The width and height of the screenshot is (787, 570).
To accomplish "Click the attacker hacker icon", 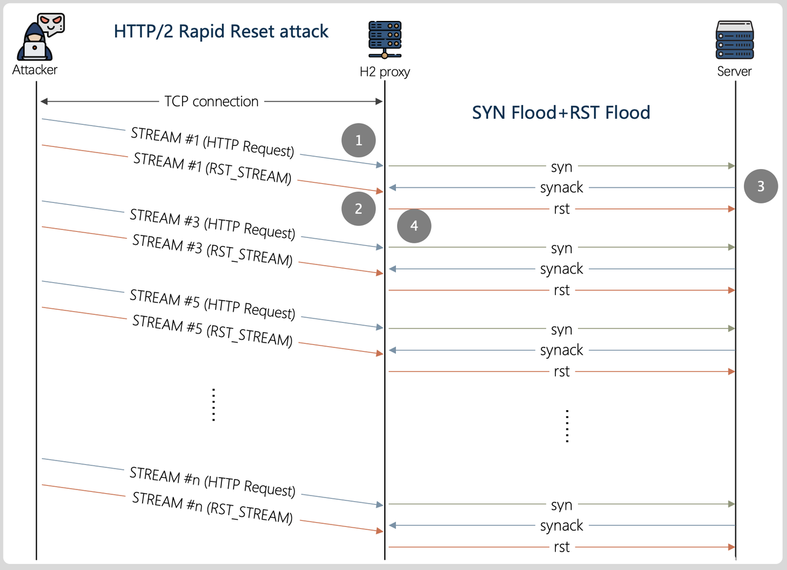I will pyautogui.click(x=38, y=37).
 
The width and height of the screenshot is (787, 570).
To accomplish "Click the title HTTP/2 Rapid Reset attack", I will pyautogui.click(x=221, y=31).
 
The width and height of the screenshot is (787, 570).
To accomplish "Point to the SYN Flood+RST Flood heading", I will pyautogui.click(x=561, y=113).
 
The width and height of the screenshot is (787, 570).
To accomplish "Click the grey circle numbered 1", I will pyautogui.click(x=359, y=141).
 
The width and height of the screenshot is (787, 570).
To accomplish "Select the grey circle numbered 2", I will pyautogui.click(x=358, y=208).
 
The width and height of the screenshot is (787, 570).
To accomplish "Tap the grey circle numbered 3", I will pyautogui.click(x=761, y=186).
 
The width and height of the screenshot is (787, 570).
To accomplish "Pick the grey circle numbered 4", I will pyautogui.click(x=414, y=226).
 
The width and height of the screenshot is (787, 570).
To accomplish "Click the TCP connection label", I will pyautogui.click(x=212, y=101).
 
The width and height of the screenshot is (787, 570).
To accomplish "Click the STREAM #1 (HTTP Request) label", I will pyautogui.click(x=212, y=142).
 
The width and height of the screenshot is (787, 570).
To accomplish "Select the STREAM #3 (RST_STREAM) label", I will pyautogui.click(x=212, y=250).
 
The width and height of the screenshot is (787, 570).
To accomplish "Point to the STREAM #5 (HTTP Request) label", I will pyautogui.click(x=212, y=304).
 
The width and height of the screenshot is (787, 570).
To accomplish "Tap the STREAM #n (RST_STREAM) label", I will pyautogui.click(x=212, y=508).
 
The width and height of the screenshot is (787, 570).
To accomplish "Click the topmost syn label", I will pyautogui.click(x=561, y=167).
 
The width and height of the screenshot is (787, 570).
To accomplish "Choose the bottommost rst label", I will pyautogui.click(x=561, y=547).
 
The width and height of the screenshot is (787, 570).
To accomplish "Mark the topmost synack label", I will pyautogui.click(x=561, y=188).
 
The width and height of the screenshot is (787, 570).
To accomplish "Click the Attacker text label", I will pyautogui.click(x=35, y=69).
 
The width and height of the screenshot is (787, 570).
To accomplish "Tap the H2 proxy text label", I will pyautogui.click(x=385, y=72).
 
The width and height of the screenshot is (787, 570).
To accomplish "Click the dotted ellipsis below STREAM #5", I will pyautogui.click(x=213, y=404).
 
